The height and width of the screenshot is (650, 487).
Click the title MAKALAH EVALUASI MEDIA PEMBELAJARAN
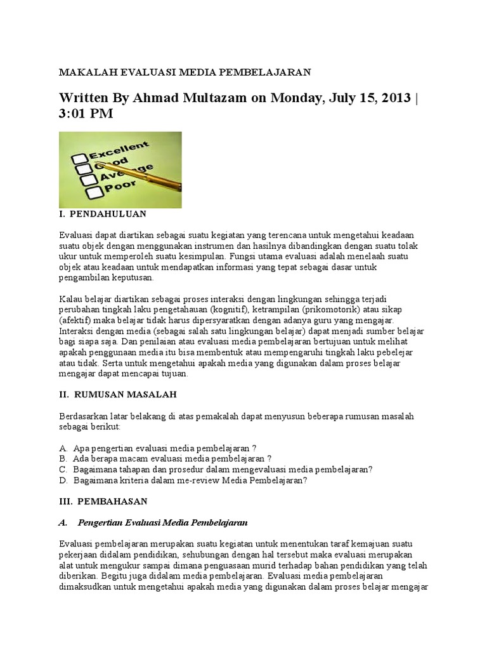coord(185,72)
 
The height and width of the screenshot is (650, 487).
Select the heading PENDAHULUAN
coord(108,214)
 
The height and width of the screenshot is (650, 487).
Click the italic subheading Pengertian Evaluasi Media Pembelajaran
coord(162,522)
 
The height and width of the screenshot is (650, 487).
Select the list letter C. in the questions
coord(63,469)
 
